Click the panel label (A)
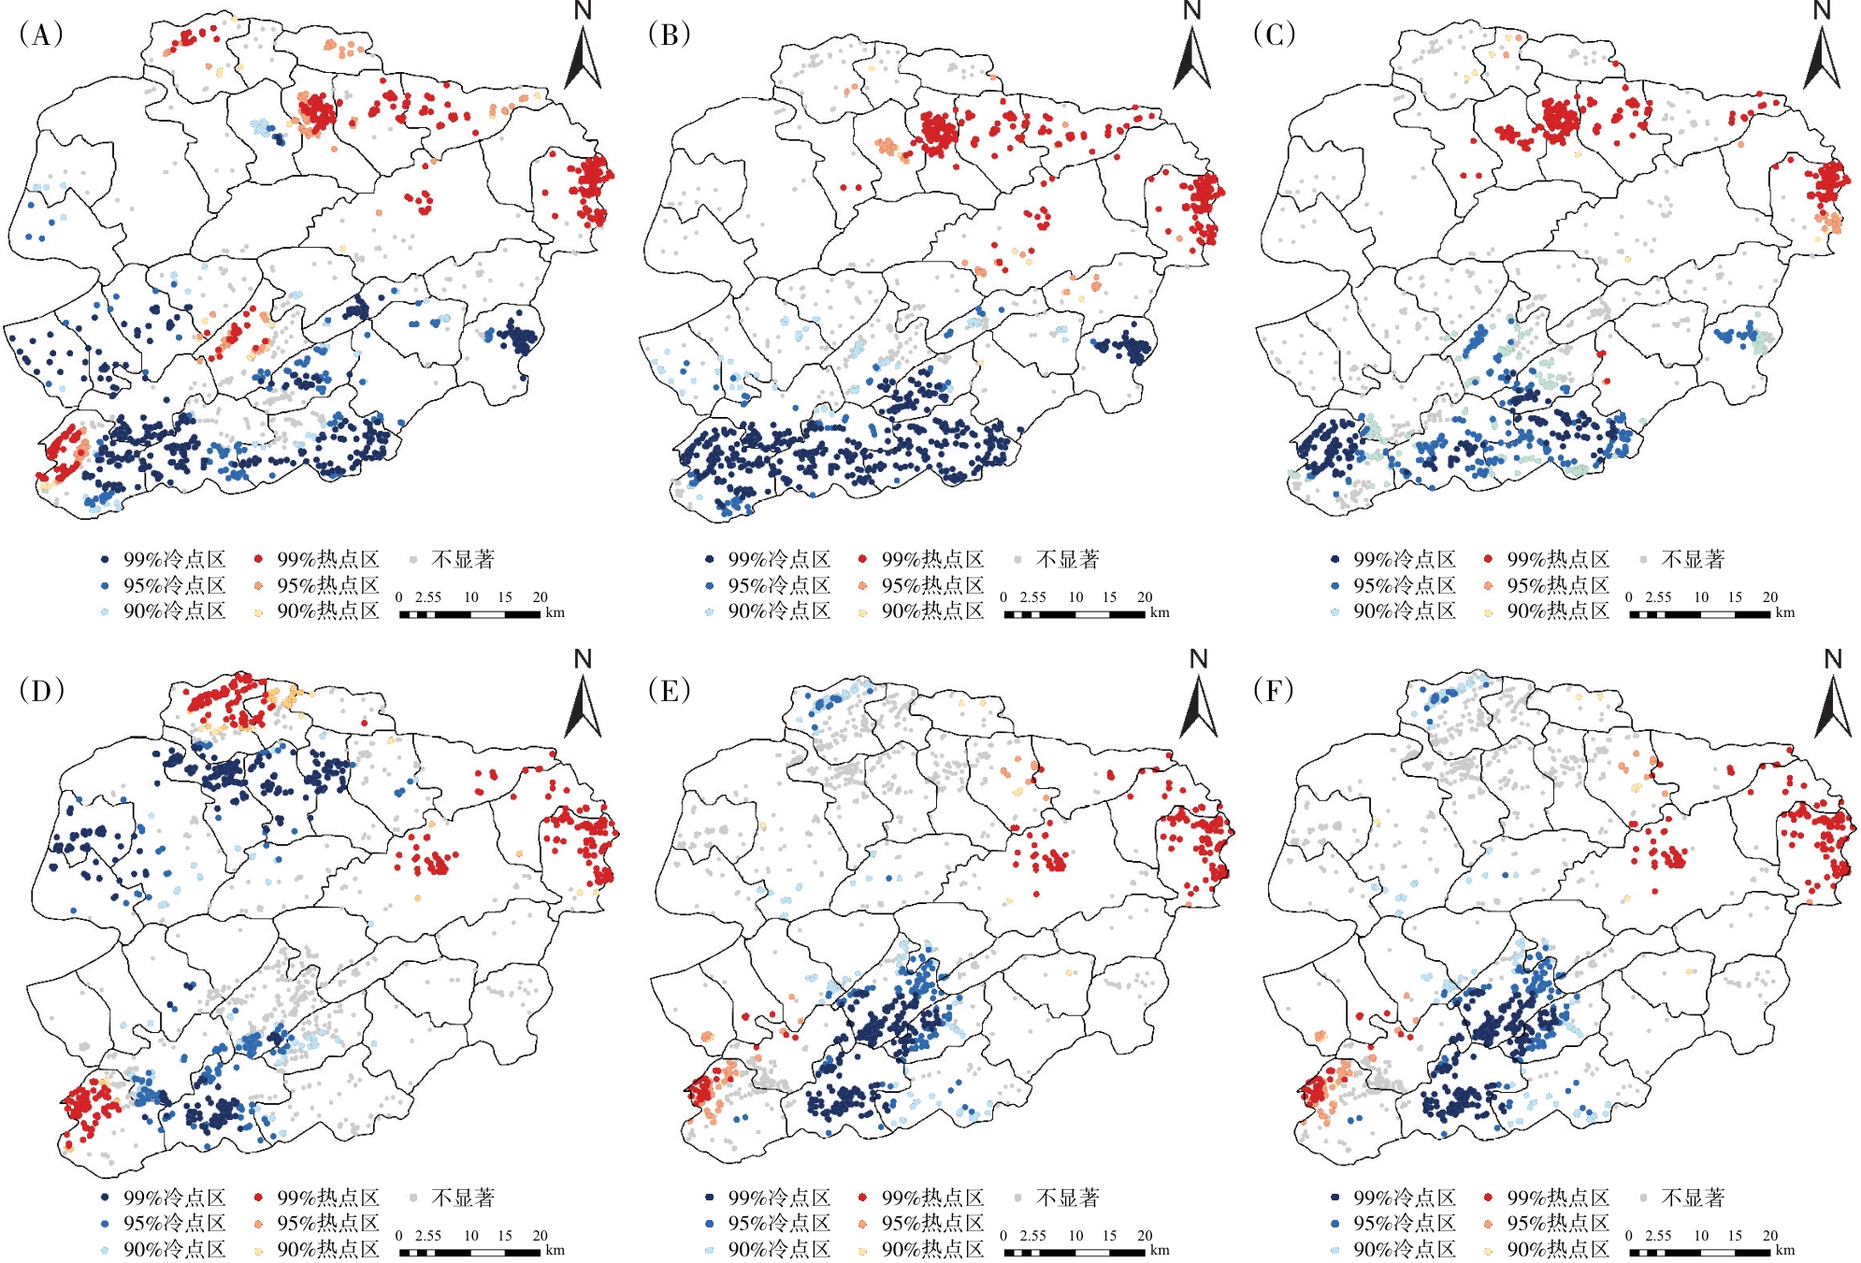coord(40,36)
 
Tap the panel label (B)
coord(669,36)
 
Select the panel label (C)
coord(1274,36)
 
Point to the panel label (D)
coord(40,691)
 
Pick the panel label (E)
coord(669,691)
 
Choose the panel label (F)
coord(1274,691)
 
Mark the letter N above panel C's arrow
coord(1822,11)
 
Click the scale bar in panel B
coord(1075,615)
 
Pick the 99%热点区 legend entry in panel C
coord(1557,560)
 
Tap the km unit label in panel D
coord(555,1250)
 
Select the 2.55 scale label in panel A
coord(428,597)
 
